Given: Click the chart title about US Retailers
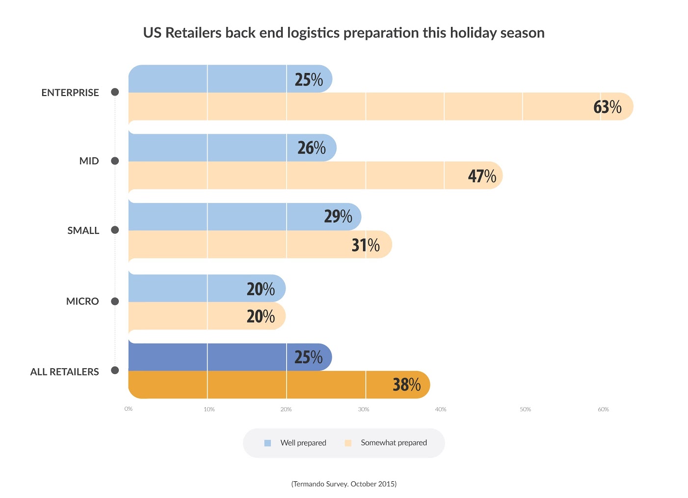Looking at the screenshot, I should click(344, 33).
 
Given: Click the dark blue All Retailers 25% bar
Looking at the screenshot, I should click(221, 357).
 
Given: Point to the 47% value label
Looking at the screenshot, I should click(481, 176).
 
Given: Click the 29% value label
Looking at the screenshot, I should click(338, 216).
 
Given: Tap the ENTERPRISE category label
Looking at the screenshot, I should click(70, 93).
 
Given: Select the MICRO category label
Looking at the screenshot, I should click(82, 301).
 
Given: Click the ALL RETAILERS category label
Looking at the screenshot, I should click(64, 372).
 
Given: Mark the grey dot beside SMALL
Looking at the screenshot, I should click(115, 230).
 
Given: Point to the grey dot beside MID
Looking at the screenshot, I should click(115, 161).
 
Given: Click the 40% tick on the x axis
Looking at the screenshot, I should click(441, 409).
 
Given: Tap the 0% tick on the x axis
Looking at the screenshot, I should click(129, 409).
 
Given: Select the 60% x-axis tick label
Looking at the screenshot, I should click(603, 409).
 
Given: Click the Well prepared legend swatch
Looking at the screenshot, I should click(267, 443).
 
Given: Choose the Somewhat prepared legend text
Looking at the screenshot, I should click(394, 443).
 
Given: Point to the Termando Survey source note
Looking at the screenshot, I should click(344, 484).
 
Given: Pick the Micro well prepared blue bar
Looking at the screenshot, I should click(196, 288).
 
